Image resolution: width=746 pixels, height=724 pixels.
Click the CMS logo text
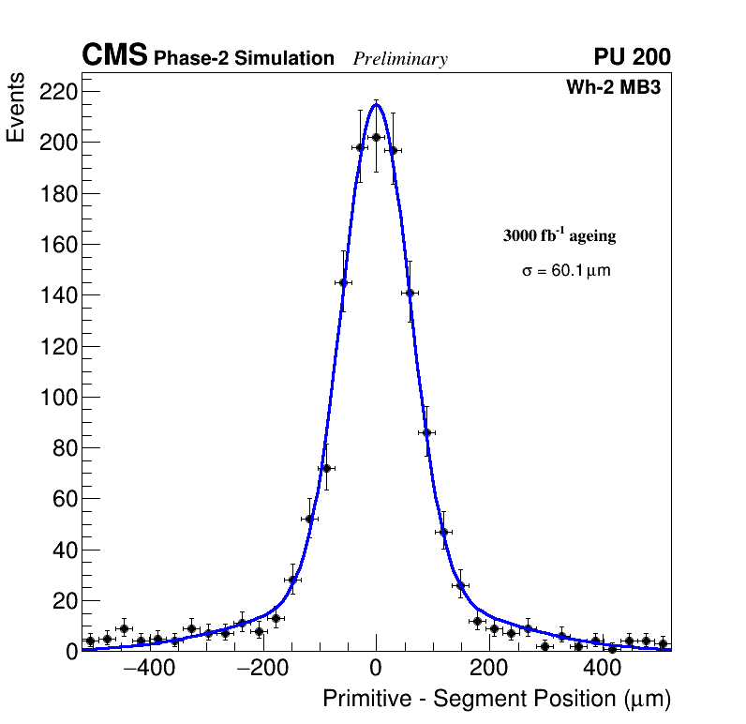tap(114, 56)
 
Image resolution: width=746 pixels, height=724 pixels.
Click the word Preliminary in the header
tap(400, 59)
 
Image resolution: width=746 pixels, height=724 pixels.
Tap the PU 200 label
tap(632, 57)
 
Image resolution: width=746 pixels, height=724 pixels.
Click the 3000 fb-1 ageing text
tap(559, 235)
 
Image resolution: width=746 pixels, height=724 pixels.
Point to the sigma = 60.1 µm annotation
tap(566, 271)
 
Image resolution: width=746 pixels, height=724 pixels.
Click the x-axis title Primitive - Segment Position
tap(497, 699)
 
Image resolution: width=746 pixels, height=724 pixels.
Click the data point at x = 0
tap(376, 137)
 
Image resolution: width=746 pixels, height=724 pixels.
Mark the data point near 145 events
tap(343, 282)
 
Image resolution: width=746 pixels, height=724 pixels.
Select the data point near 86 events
tap(426, 432)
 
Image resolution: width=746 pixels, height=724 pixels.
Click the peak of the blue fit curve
tap(376, 104)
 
